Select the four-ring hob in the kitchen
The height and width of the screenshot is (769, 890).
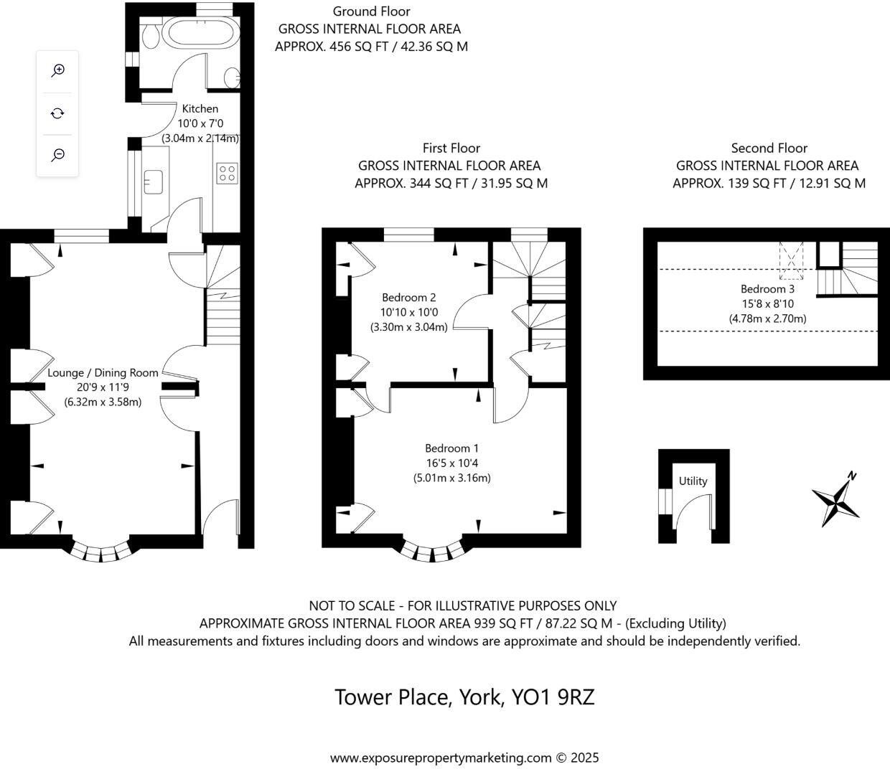[227, 173]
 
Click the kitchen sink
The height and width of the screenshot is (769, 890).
[153, 181]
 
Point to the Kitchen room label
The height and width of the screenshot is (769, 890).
[200, 109]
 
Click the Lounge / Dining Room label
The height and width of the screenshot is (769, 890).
[103, 373]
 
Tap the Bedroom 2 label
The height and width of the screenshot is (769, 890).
[408, 297]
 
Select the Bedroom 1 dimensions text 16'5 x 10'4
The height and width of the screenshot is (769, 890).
[451, 463]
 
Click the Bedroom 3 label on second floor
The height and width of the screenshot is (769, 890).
[767, 289]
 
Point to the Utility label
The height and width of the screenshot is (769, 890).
[693, 481]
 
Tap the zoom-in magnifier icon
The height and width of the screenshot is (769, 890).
[58, 70]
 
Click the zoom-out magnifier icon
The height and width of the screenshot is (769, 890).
[58, 155]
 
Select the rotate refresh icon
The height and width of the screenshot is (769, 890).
[58, 113]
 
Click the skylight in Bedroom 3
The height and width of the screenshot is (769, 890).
[792, 260]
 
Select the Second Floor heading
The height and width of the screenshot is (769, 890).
[769, 148]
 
